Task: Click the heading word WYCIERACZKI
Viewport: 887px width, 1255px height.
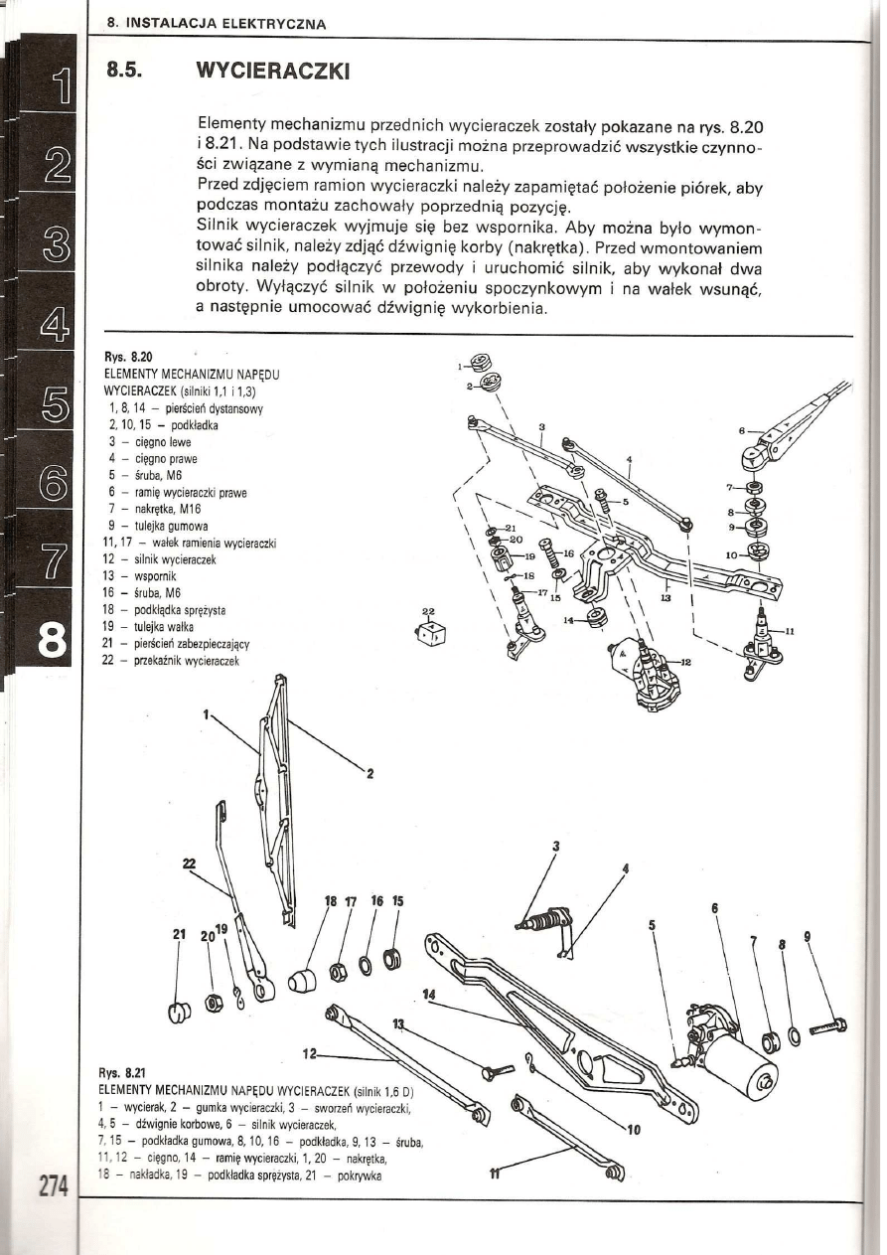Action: pos(274,73)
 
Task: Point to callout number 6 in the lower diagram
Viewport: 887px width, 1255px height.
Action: pos(714,907)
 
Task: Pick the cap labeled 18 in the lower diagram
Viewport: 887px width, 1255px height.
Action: pos(301,980)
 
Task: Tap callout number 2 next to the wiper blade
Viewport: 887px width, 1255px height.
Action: pos(369,775)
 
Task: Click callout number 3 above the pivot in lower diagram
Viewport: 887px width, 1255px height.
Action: pos(556,846)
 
